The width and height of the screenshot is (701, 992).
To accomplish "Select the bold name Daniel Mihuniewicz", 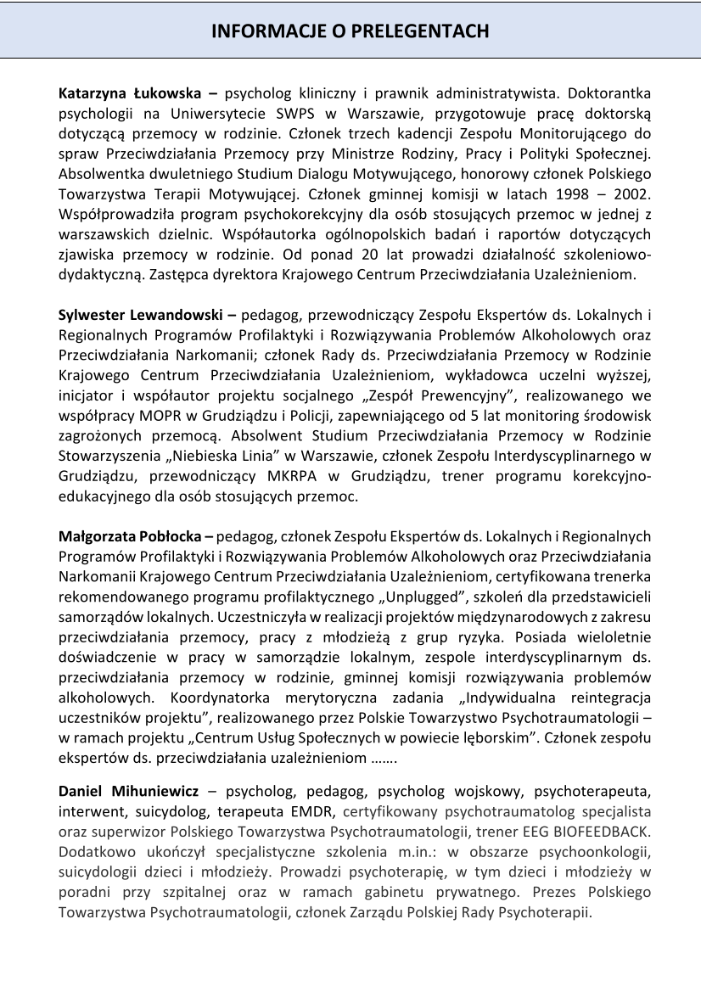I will [128, 791].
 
